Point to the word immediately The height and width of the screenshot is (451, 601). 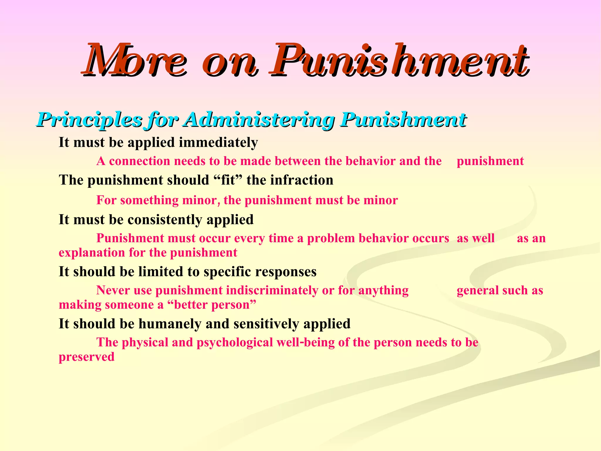(x=218, y=143)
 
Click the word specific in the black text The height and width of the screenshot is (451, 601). (x=227, y=272)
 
